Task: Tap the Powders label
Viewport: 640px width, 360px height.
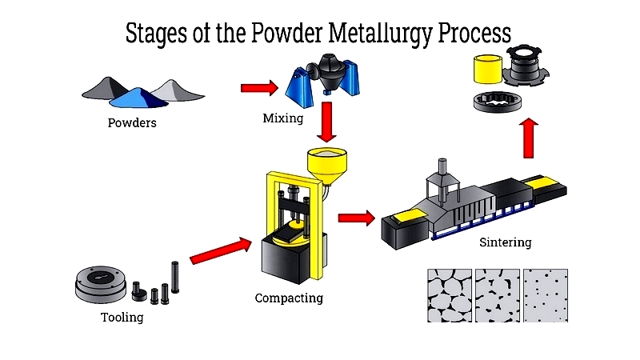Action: (x=132, y=123)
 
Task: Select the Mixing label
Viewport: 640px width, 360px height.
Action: (x=283, y=118)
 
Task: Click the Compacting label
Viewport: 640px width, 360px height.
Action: (x=289, y=298)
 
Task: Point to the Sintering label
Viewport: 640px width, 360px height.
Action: (x=505, y=242)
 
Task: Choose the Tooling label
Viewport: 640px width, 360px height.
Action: (x=122, y=318)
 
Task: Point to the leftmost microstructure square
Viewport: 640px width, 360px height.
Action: (x=449, y=294)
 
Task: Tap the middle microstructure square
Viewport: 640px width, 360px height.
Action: (x=497, y=294)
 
